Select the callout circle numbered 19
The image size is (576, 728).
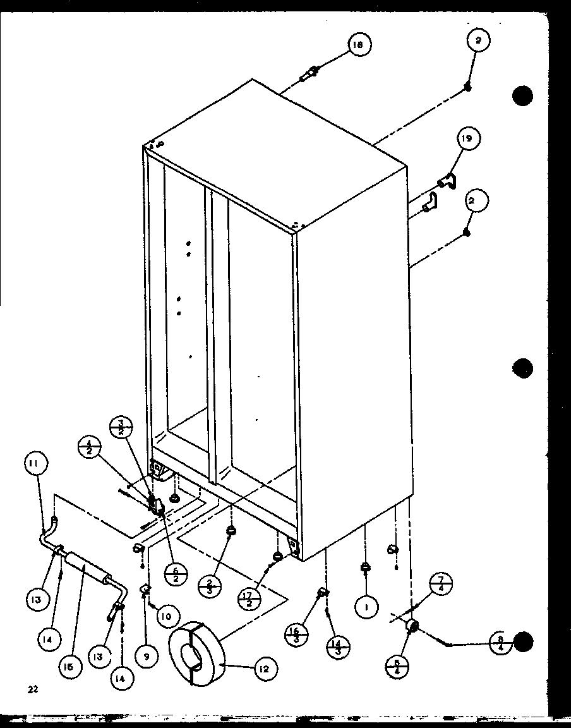[470, 138]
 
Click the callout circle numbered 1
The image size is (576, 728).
[366, 607]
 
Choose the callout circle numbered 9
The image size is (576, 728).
[147, 639]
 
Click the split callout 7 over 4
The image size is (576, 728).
[441, 585]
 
